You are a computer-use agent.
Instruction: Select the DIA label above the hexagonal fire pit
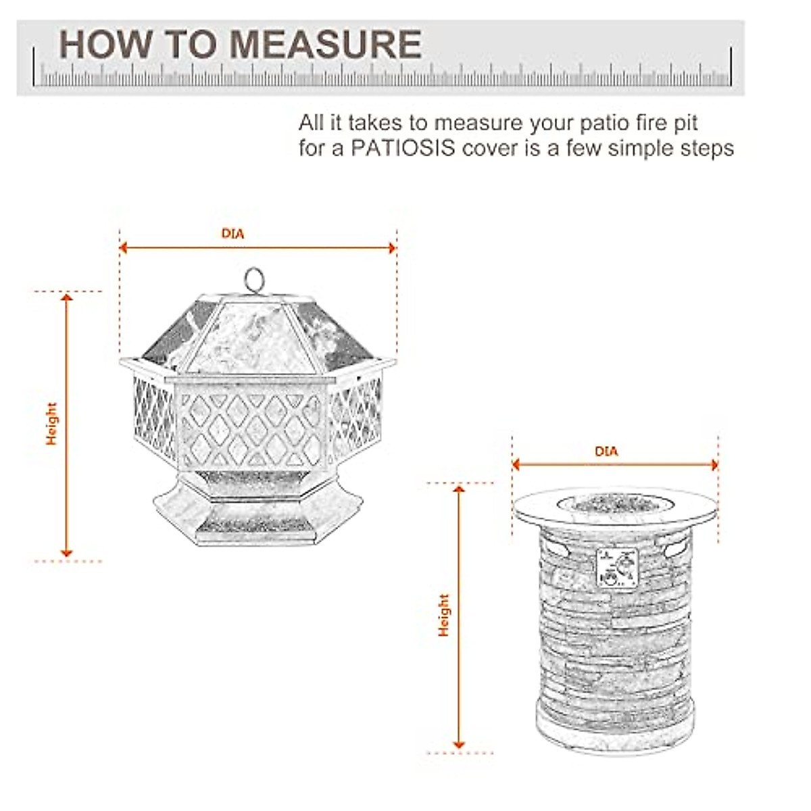point(232,235)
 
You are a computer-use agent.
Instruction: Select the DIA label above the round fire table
point(606,451)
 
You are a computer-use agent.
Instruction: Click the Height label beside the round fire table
point(443,615)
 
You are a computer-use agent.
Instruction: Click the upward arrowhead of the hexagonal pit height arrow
point(66,299)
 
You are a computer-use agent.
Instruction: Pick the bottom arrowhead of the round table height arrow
point(460,745)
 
